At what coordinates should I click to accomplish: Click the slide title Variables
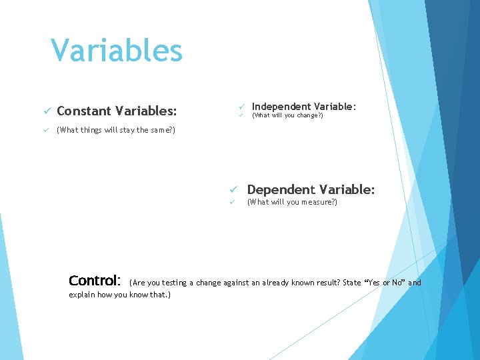pyautogui.click(x=117, y=50)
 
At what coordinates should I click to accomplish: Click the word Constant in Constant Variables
pyautogui.click(x=84, y=111)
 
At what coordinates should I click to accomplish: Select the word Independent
pyautogui.click(x=282, y=107)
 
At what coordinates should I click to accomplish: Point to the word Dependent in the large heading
pyautogui.click(x=281, y=190)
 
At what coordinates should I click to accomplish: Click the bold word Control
pyautogui.click(x=95, y=281)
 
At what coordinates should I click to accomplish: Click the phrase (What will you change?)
pyautogui.click(x=287, y=116)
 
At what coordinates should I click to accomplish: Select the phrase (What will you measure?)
pyautogui.click(x=292, y=202)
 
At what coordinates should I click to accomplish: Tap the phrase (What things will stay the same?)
pyautogui.click(x=116, y=130)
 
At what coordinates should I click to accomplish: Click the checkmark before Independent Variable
pyautogui.click(x=243, y=107)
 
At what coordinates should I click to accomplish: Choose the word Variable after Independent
pyautogui.click(x=335, y=107)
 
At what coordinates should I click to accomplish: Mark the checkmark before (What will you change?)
pyautogui.click(x=243, y=116)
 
